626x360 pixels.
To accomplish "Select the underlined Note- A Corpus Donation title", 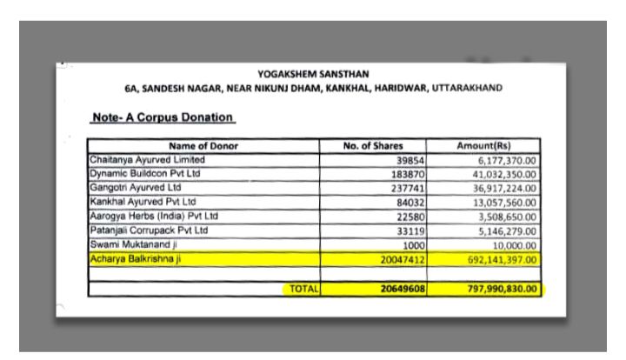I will [163, 117].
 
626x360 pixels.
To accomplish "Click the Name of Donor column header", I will [203, 146].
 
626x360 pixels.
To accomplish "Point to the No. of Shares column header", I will [375, 146].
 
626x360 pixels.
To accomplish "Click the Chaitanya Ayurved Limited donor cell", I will [148, 160].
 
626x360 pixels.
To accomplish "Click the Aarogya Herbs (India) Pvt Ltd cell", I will [155, 216].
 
